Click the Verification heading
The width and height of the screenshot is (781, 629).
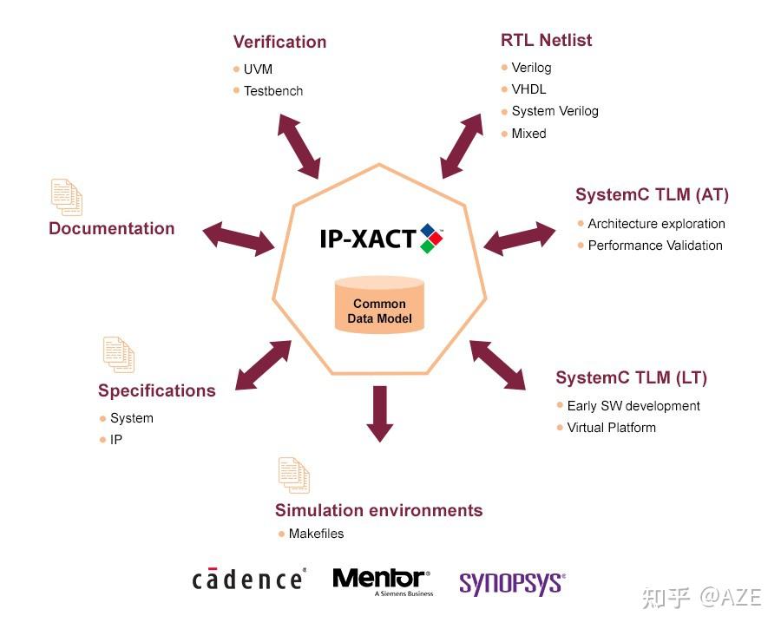tap(279, 42)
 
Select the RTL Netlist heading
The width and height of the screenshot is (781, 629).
tap(547, 40)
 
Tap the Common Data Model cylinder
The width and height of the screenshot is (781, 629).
tap(379, 305)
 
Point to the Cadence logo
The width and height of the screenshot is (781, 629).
tap(248, 580)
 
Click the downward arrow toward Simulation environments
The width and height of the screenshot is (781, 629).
tap(379, 413)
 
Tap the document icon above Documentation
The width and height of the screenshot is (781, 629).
tap(67, 197)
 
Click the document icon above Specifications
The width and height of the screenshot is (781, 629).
tap(119, 355)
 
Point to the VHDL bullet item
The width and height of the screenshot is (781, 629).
tap(529, 89)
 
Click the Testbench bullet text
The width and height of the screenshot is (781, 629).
tap(273, 91)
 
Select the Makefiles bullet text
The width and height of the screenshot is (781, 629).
tap(316, 534)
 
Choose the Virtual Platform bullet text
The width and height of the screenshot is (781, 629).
tap(611, 428)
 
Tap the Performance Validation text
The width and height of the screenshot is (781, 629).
tap(655, 246)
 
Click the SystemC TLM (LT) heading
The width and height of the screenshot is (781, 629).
tap(631, 378)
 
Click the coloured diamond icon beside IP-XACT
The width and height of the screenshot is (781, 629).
tap(431, 238)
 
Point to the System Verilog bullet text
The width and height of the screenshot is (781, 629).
tap(555, 111)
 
